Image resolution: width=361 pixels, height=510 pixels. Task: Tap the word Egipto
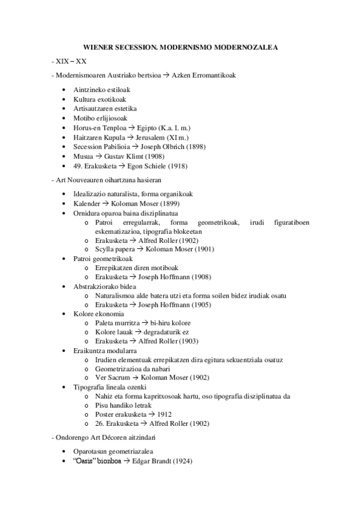click(x=148, y=128)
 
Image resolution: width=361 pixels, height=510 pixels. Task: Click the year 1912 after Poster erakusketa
click(x=165, y=414)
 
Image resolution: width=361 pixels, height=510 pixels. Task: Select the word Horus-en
click(x=86, y=128)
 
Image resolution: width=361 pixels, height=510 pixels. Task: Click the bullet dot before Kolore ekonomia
click(x=65, y=314)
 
